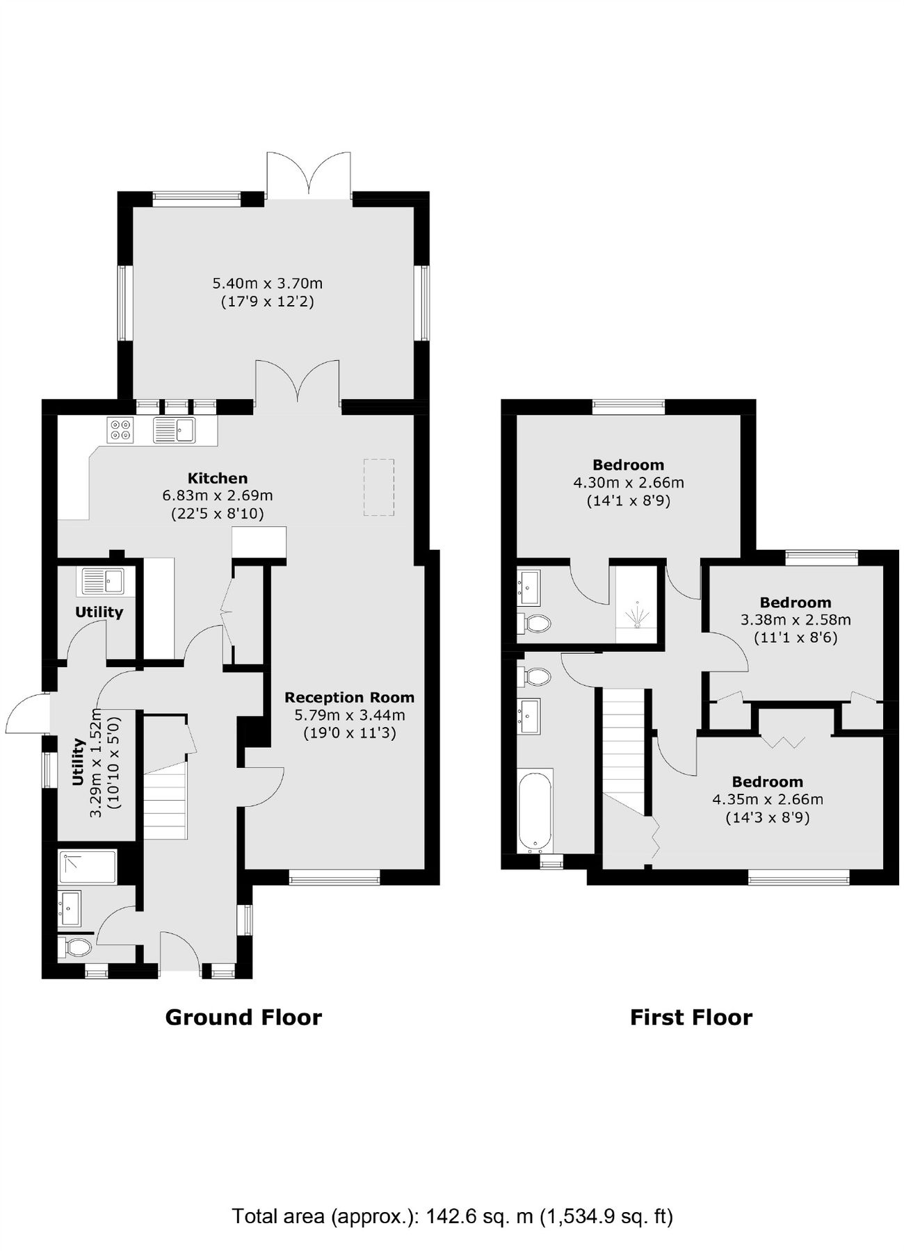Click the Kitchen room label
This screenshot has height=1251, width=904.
pos(217,478)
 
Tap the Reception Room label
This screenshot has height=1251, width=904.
pos(349,697)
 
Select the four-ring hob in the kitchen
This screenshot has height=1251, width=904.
pos(120,429)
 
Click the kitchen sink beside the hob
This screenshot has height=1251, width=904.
pos(175,430)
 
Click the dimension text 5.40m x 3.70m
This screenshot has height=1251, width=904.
pos(267,284)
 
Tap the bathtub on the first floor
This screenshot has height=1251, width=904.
pos(535,810)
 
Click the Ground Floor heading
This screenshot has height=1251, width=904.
pos(243,1017)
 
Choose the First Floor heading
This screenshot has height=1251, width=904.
pos(691,1017)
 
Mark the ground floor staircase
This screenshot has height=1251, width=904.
pos(165,799)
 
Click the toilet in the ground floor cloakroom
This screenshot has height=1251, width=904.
pos(75,947)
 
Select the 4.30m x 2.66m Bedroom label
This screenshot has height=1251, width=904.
pos(628,465)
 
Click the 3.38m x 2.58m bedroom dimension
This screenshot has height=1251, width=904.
pos(795,620)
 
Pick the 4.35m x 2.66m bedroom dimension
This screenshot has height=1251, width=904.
pos(767,800)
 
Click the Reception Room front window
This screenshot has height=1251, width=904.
pos(334,879)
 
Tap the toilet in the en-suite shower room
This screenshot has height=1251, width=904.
pos(535,621)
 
